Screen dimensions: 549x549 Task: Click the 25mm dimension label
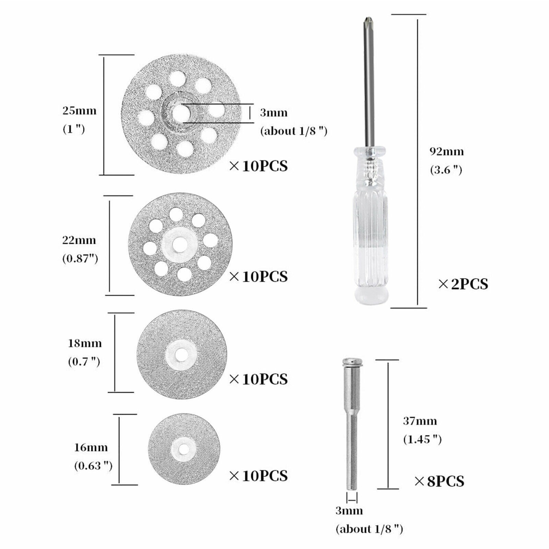tap(79, 111)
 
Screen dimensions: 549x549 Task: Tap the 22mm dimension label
tap(79, 240)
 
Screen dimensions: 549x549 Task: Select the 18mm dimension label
tap(85, 343)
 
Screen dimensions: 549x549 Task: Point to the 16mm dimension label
tap(91, 447)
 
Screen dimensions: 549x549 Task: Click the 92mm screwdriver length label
tap(446, 152)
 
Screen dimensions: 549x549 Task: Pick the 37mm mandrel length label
tap(420, 421)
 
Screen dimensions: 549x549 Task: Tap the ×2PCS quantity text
tap(463, 284)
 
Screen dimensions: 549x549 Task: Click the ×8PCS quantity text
tap(439, 481)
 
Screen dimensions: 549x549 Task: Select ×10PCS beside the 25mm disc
tap(258, 166)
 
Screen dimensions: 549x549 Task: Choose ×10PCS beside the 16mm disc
tap(258, 476)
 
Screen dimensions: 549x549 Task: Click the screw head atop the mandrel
tap(352, 361)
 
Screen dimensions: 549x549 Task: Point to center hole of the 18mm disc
tap(181, 355)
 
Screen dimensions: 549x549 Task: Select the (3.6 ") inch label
tap(446, 170)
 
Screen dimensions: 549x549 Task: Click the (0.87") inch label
tap(80, 258)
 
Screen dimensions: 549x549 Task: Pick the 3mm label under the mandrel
tap(349, 511)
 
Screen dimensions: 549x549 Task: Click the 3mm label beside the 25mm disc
tap(274, 112)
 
